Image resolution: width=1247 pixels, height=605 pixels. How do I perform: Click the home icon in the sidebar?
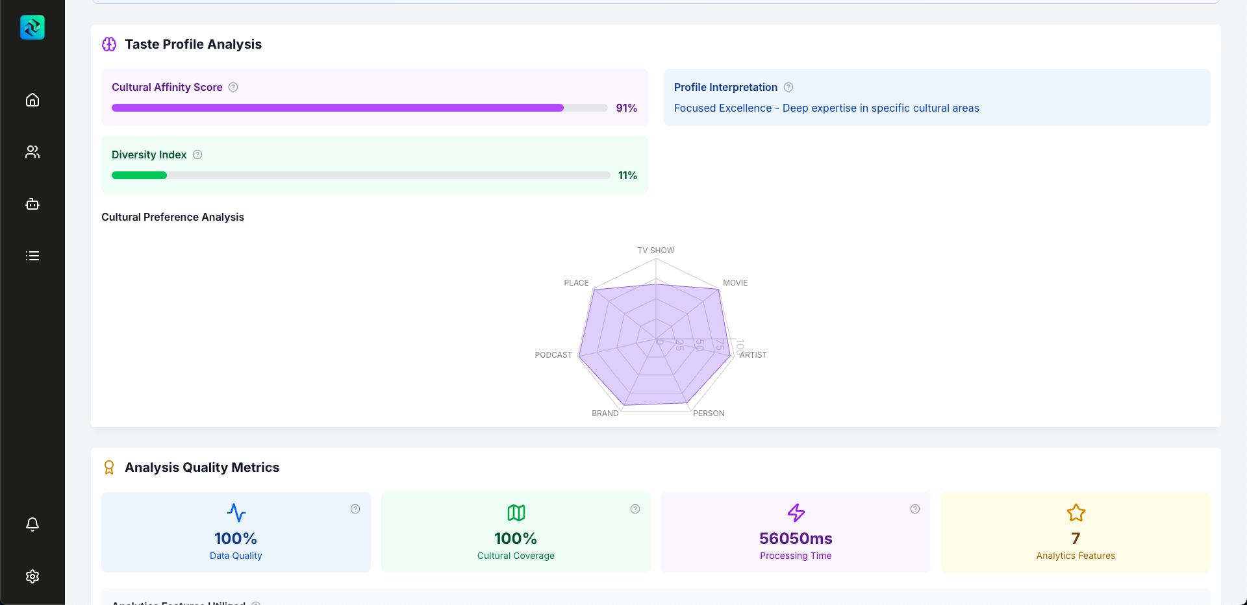pyautogui.click(x=32, y=100)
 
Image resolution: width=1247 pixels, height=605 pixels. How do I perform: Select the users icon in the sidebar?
pyautogui.click(x=32, y=152)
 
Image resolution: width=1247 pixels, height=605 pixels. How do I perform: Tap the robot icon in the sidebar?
pyautogui.click(x=32, y=204)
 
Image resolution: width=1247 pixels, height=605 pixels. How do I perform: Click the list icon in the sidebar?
pyautogui.click(x=32, y=256)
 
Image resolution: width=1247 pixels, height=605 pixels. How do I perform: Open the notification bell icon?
pyautogui.click(x=32, y=524)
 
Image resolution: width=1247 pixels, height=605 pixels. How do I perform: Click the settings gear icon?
pyautogui.click(x=32, y=576)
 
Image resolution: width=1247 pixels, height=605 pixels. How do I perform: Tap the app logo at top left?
pyautogui.click(x=32, y=27)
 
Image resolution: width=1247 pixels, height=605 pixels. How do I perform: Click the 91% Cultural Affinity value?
pyautogui.click(x=626, y=108)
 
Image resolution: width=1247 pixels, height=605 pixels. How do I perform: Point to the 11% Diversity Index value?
pyautogui.click(x=627, y=175)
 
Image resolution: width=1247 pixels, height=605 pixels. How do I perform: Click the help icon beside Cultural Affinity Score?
pyautogui.click(x=233, y=87)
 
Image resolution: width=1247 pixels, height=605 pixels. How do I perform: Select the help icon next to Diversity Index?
pyautogui.click(x=197, y=154)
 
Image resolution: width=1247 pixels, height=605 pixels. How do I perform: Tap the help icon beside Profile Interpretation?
pyautogui.click(x=788, y=87)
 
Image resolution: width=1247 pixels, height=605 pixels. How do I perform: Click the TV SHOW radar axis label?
pyautogui.click(x=655, y=251)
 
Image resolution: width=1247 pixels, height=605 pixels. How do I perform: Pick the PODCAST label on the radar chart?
pyautogui.click(x=553, y=355)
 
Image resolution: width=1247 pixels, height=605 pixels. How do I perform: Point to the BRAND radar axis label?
pyautogui.click(x=605, y=414)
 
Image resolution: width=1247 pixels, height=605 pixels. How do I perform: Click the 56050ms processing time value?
pyautogui.click(x=796, y=538)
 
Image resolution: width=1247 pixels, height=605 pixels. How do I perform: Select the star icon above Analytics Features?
pyautogui.click(x=1076, y=513)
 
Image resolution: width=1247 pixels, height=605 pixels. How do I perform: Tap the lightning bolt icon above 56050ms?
pyautogui.click(x=796, y=513)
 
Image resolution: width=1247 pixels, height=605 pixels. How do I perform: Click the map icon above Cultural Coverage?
pyautogui.click(x=516, y=513)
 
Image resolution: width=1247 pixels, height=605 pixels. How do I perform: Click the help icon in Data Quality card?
pyautogui.click(x=355, y=509)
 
